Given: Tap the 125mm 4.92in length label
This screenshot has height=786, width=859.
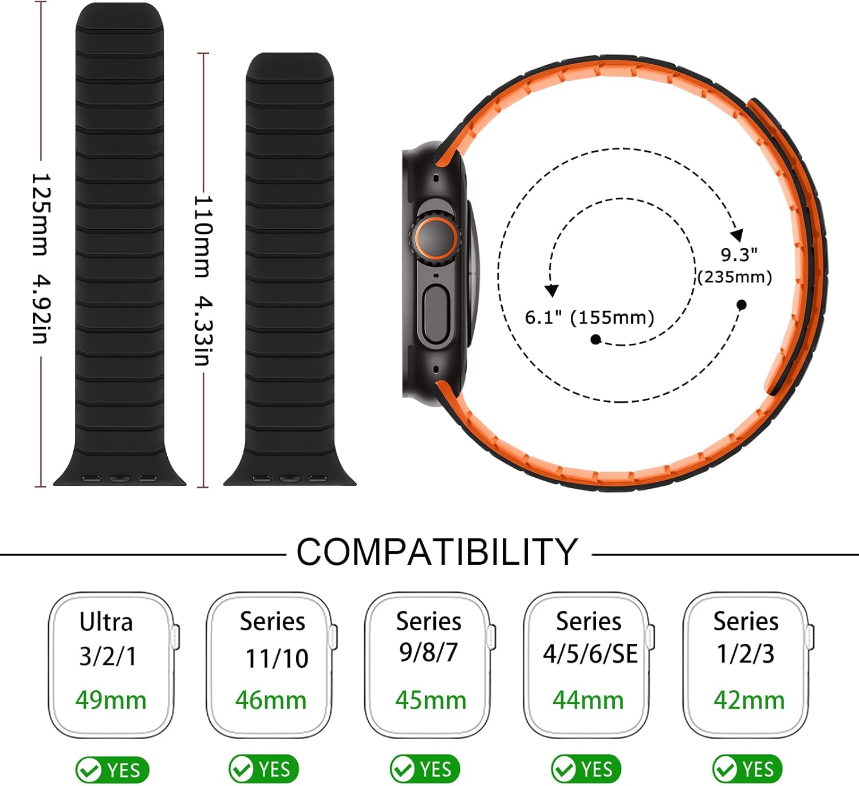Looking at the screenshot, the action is pos(42,258).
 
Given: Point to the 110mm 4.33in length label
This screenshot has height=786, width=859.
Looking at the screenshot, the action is pos(203,281).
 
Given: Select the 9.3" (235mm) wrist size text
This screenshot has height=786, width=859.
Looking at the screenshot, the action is pos(735,266).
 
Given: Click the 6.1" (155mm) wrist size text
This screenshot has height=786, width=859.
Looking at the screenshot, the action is pos(590,317).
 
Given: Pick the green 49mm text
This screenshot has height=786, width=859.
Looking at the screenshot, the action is pos(111,700).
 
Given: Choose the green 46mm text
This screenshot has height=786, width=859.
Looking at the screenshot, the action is pos(271,700).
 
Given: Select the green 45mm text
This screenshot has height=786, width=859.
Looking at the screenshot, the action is pos(430,700).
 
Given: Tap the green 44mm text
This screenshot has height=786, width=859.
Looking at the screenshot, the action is pos(588,700).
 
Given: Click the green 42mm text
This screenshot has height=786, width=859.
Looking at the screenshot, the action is pos(749,700).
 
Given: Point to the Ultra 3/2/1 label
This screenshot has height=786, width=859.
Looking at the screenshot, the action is pos(107,639).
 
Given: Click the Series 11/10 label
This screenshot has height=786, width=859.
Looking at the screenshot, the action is pos(274,639).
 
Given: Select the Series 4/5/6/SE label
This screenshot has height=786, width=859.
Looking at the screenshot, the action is pos(590,638).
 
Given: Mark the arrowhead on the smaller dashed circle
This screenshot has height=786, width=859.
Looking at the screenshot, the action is pos(551,290).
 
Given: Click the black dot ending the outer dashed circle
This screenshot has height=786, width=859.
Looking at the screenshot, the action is pos(742,305).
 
